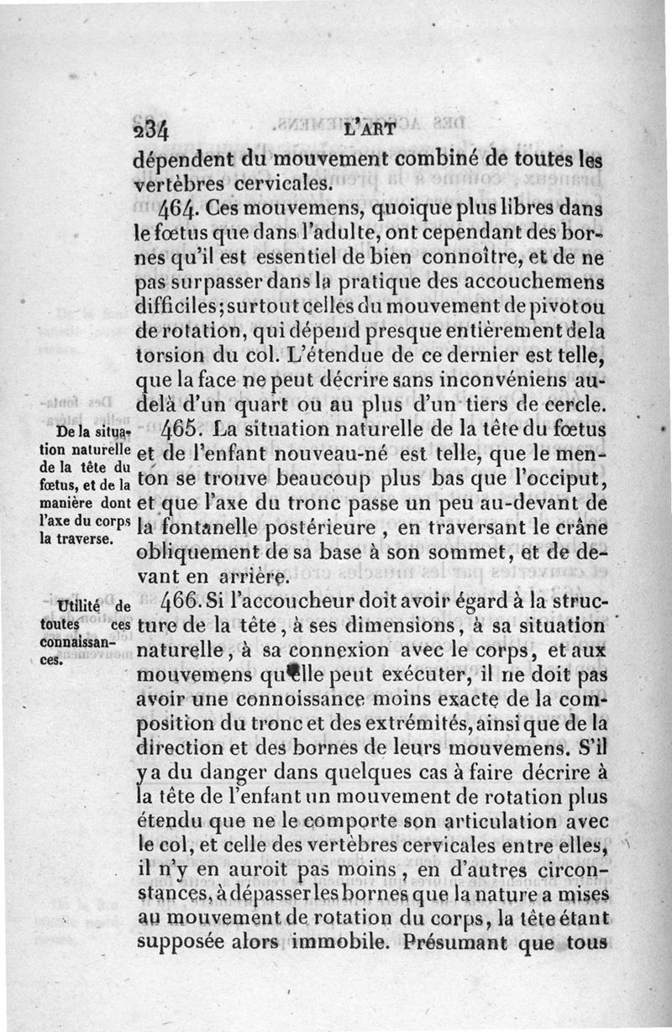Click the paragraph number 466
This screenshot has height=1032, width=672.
pos(181,605)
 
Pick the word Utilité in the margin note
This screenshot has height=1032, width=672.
pos(76,606)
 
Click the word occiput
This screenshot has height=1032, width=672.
pos(571,480)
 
